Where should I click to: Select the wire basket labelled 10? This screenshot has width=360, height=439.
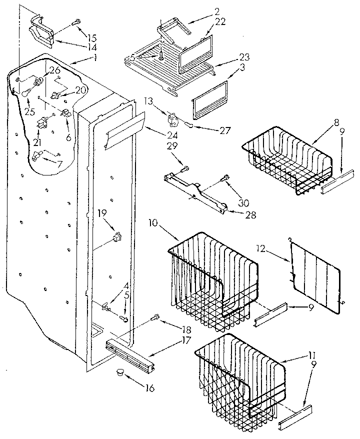click(212, 280)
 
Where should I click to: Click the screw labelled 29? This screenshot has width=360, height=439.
click(185, 167)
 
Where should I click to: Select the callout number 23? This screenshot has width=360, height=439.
click(230, 57)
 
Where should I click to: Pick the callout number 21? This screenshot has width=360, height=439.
click(37, 143)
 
